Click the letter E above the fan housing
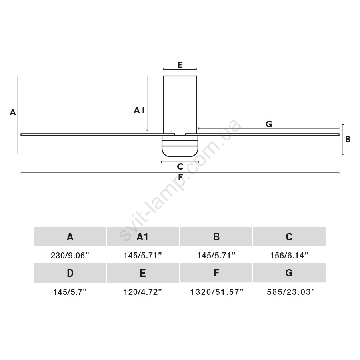pos(180,65)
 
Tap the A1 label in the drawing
pos(139,110)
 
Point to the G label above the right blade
pos(269,124)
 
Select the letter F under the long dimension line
pos(180,177)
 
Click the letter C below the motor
pos(180,166)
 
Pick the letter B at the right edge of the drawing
pos(348,139)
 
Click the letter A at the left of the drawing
pos(13,112)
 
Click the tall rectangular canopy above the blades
pos(180,105)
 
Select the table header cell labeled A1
pos(143,236)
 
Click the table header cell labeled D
pos(70,273)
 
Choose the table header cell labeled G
pos(289,273)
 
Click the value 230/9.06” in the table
pos(70,255)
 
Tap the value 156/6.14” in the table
pos(289,255)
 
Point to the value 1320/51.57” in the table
pos(216,292)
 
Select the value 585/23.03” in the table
pos(291,292)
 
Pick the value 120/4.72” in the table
pos(143,292)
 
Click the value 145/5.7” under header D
pos(70,292)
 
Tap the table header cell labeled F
pos(216,273)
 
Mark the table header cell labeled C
pos(289,236)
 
